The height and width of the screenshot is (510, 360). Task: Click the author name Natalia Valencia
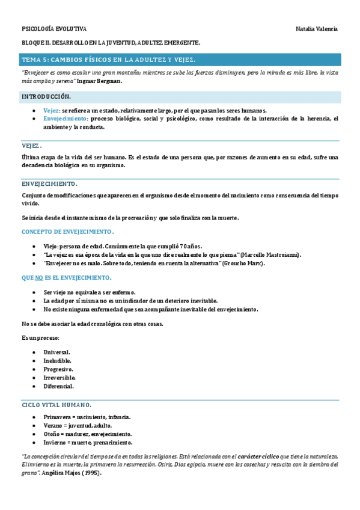pyautogui.click(x=317, y=29)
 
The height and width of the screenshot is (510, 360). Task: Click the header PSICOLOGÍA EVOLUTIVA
pyautogui.click(x=54, y=29)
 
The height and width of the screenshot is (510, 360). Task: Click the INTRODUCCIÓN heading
pyautogui.click(x=46, y=97)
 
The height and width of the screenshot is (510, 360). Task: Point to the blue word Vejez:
pyautogui.click(x=52, y=111)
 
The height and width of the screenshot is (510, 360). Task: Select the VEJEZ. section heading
pyautogui.click(x=31, y=146)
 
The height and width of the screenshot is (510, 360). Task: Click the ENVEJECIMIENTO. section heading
pyautogui.click(x=49, y=183)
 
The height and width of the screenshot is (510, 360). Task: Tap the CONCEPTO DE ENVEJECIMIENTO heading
pyautogui.click(x=67, y=232)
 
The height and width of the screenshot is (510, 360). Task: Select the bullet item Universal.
pyautogui.click(x=57, y=352)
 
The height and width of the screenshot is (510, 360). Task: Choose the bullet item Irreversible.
pyautogui.click(x=59, y=378)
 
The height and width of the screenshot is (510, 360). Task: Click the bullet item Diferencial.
pyautogui.click(x=58, y=386)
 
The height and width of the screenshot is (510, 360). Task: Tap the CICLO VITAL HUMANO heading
pyautogui.click(x=56, y=405)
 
